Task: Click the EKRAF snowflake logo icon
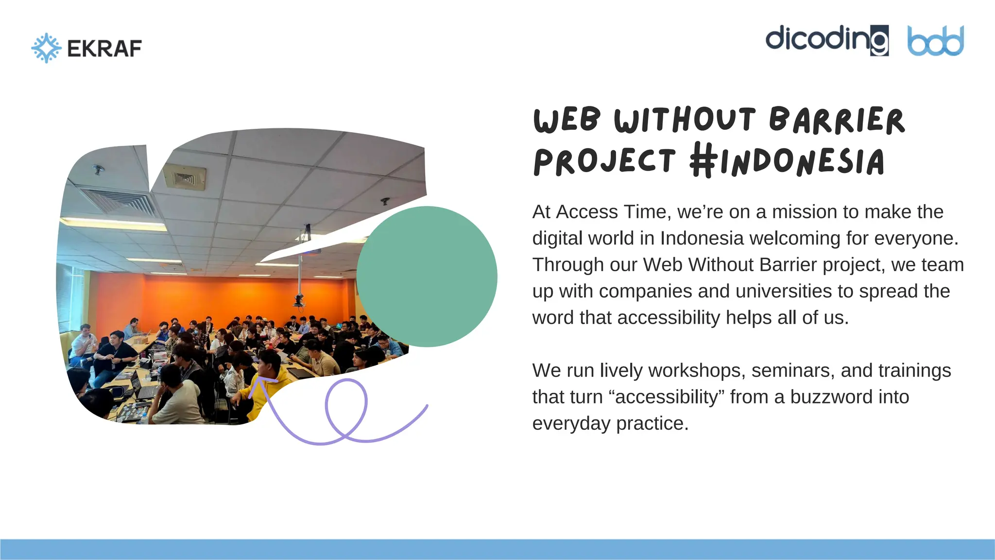click(46, 48)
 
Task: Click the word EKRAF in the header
click(104, 49)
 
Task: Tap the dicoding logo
click(826, 40)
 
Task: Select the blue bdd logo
click(935, 41)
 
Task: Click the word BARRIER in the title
click(837, 120)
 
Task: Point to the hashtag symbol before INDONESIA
click(703, 160)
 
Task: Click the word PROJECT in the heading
click(604, 161)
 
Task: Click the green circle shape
click(427, 276)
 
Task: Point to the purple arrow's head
click(259, 382)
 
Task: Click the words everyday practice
click(610, 423)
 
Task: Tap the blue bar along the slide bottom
click(497, 549)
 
